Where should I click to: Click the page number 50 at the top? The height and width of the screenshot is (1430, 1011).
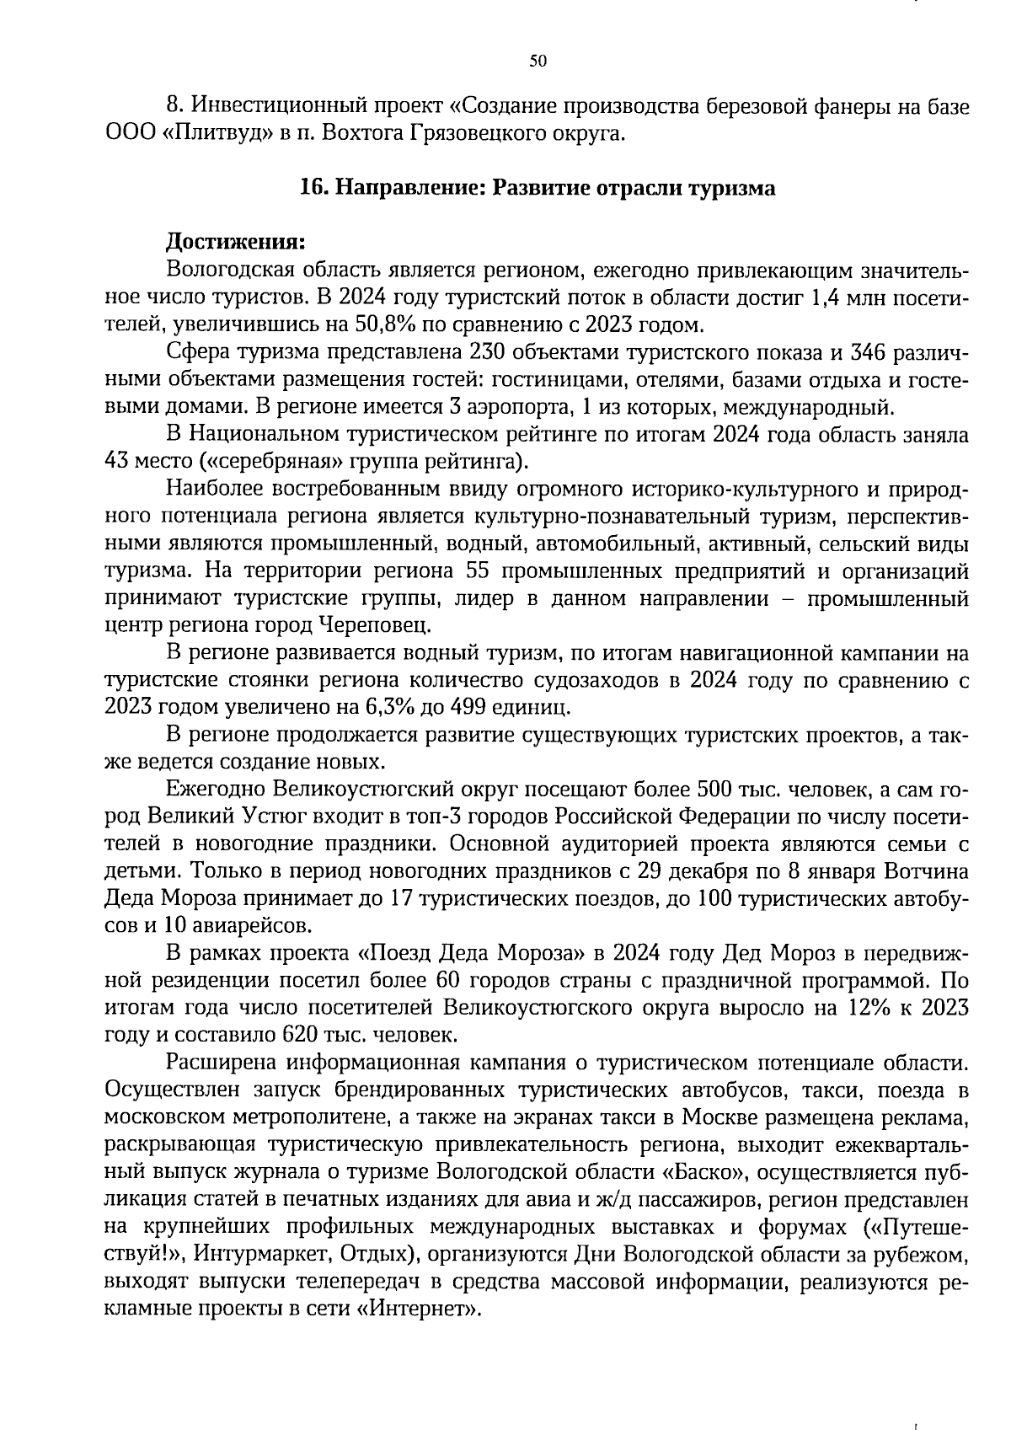(x=538, y=61)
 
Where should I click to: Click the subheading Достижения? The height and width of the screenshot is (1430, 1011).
(x=235, y=242)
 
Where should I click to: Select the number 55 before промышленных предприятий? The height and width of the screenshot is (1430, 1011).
(x=479, y=570)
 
